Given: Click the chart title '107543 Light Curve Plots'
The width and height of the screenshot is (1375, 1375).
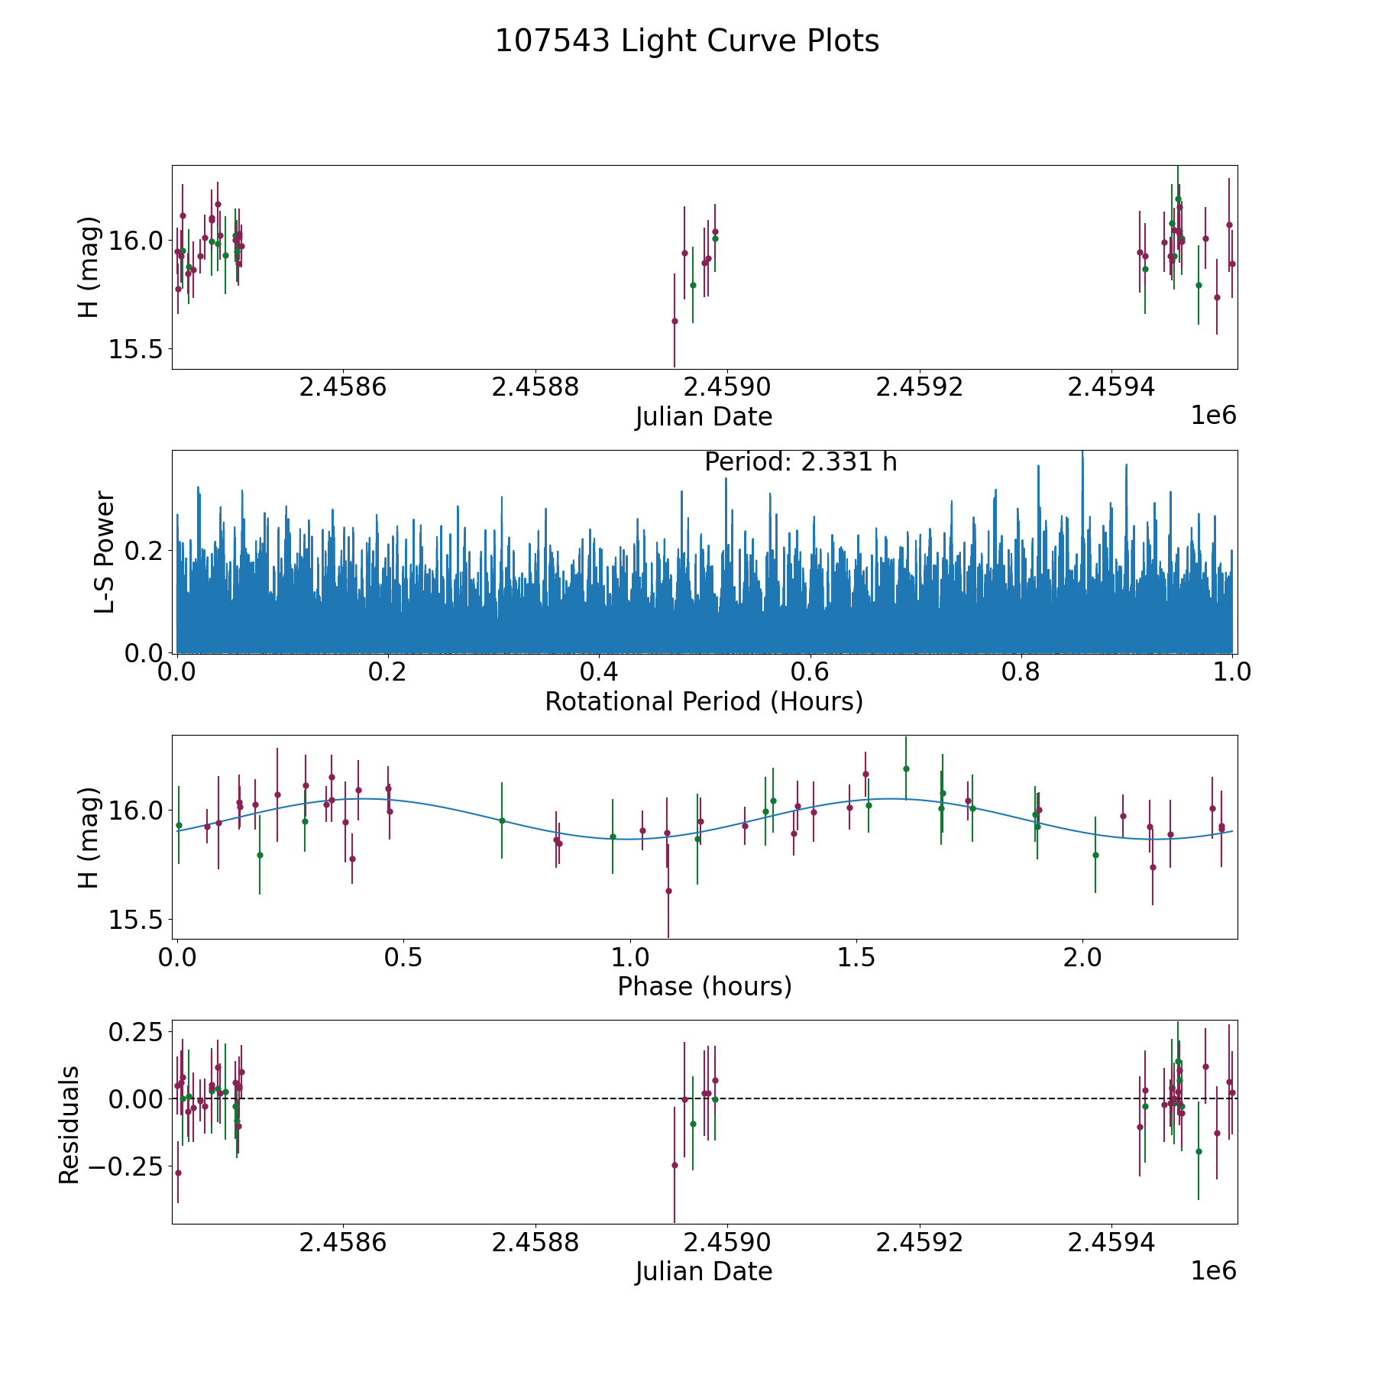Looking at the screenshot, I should click(x=687, y=41).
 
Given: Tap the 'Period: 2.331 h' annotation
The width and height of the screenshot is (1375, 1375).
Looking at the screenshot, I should click(x=801, y=462).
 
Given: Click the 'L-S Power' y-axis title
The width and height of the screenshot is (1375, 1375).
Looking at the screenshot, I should click(x=105, y=552).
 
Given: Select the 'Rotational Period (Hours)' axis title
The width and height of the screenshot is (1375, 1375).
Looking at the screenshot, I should click(x=704, y=701).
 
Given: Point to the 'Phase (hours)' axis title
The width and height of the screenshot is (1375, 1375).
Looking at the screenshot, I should click(x=704, y=986).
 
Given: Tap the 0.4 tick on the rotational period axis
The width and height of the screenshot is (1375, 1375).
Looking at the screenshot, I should click(x=599, y=673).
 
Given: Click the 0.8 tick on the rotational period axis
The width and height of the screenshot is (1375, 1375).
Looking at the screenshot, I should click(x=1021, y=673).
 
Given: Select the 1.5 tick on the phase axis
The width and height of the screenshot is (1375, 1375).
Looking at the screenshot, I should click(x=856, y=958).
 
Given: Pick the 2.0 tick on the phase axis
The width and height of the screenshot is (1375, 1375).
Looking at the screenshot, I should click(x=1082, y=958).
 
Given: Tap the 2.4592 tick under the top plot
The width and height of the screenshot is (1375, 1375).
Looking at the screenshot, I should click(x=919, y=388).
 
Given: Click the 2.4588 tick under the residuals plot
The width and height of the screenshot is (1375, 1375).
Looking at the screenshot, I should click(x=535, y=1243).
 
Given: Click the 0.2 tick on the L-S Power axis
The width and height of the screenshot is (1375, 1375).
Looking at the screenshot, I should click(x=147, y=550).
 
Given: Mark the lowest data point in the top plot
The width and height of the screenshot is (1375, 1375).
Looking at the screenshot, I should click(x=675, y=321).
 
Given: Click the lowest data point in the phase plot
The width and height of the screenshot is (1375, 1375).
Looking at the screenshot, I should click(x=668, y=891).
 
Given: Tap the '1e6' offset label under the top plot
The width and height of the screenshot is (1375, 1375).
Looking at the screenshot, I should click(x=1213, y=416).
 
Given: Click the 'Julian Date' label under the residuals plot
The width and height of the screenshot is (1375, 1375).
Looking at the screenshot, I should click(x=704, y=1271).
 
